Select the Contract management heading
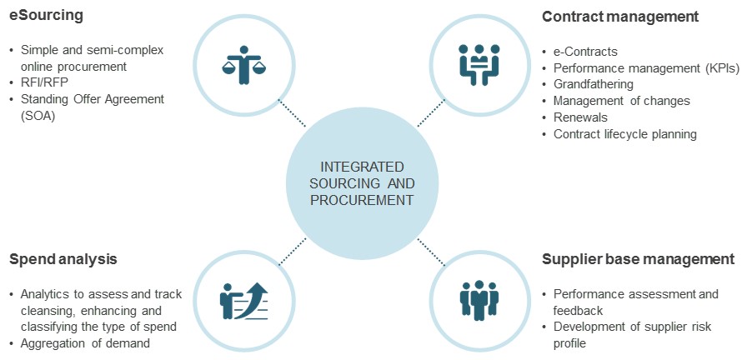click(620, 16)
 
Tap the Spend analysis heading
click(63, 259)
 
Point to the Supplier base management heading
click(638, 259)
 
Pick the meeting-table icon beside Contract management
click(479, 64)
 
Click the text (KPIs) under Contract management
click(721, 68)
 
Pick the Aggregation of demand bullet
click(86, 343)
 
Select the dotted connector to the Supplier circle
click(431, 251)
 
